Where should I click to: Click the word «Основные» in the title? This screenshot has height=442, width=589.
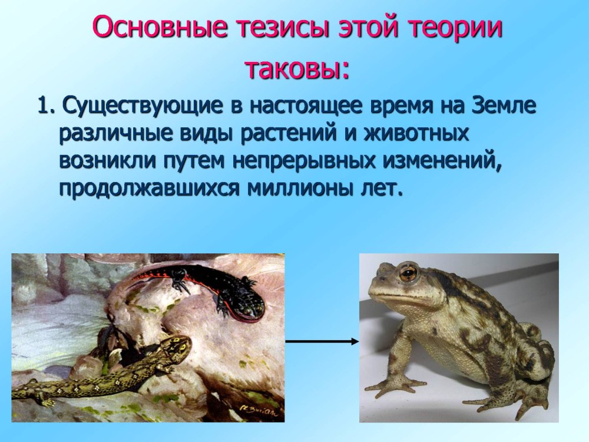click(x=160, y=27)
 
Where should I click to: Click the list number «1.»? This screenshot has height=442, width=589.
click(x=47, y=106)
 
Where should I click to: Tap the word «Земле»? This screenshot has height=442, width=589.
click(x=504, y=105)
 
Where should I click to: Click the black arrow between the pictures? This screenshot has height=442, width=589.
click(x=322, y=341)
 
